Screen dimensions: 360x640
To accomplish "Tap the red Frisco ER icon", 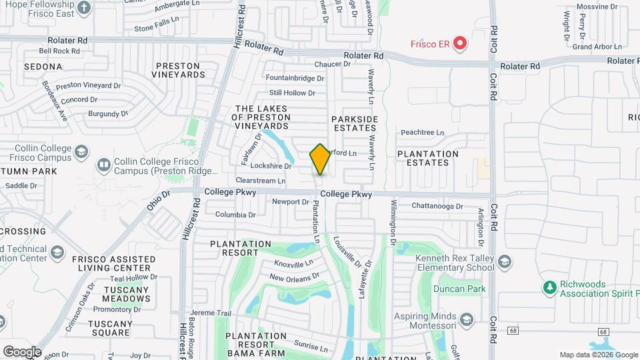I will coord(459,44).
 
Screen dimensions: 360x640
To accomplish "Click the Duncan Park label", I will coord(459,289).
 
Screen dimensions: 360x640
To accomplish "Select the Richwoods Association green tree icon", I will coord(549,287).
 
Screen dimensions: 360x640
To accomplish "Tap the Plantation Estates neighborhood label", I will coord(427,158).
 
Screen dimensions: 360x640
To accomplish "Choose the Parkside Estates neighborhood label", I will coord(355,123).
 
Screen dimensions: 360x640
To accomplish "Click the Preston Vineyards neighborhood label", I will coord(178,70).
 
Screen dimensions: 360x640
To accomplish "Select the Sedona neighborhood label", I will coord(43,67).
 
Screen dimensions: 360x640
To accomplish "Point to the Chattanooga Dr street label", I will coord(437,207).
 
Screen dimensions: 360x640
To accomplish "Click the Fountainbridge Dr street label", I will coord(295,78).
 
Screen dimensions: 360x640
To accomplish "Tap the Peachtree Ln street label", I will coord(422,133).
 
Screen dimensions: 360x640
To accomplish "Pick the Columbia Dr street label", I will coord(235,215).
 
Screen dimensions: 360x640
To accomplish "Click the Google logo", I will coord(22,351).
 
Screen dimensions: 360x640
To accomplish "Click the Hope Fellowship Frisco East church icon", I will coord(84,8).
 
